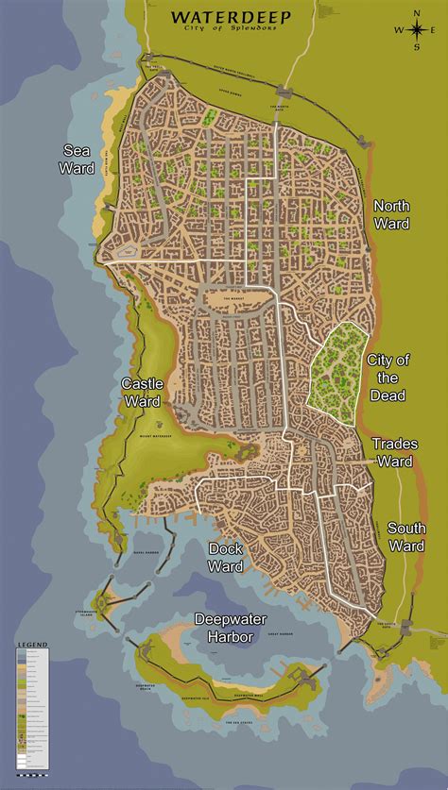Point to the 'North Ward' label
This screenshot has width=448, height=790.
[x=391, y=214]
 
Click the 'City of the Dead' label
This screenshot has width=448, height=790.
[x=388, y=377]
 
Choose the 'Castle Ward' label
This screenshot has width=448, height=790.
[x=144, y=393]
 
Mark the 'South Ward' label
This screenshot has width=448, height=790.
[x=407, y=537]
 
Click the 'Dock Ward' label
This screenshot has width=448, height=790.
[x=227, y=557]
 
